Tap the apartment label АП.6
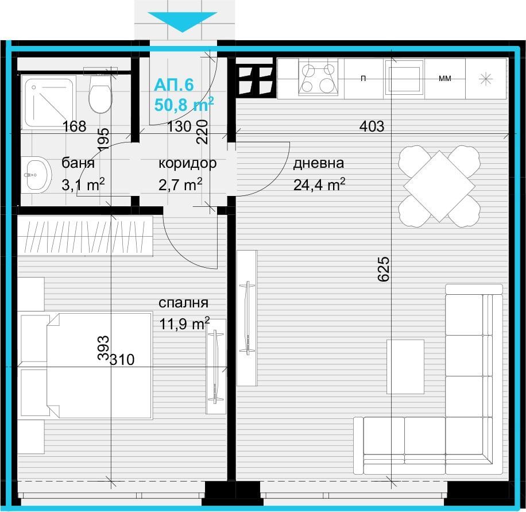[x=174, y=85]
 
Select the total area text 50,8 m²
[x=184, y=105]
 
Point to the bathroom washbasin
[x=36, y=175]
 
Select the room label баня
[x=78, y=163]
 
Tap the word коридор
[x=188, y=164]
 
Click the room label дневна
[x=319, y=163]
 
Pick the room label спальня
[x=184, y=303]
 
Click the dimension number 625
[x=384, y=269]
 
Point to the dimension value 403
[x=372, y=126]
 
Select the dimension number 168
[x=75, y=126]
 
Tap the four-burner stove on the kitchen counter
[x=318, y=79]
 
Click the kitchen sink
[x=404, y=79]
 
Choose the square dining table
[x=439, y=186]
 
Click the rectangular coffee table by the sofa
[x=405, y=367]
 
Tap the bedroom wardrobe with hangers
[x=85, y=236]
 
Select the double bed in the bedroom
[x=99, y=365]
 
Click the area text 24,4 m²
[x=319, y=184]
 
